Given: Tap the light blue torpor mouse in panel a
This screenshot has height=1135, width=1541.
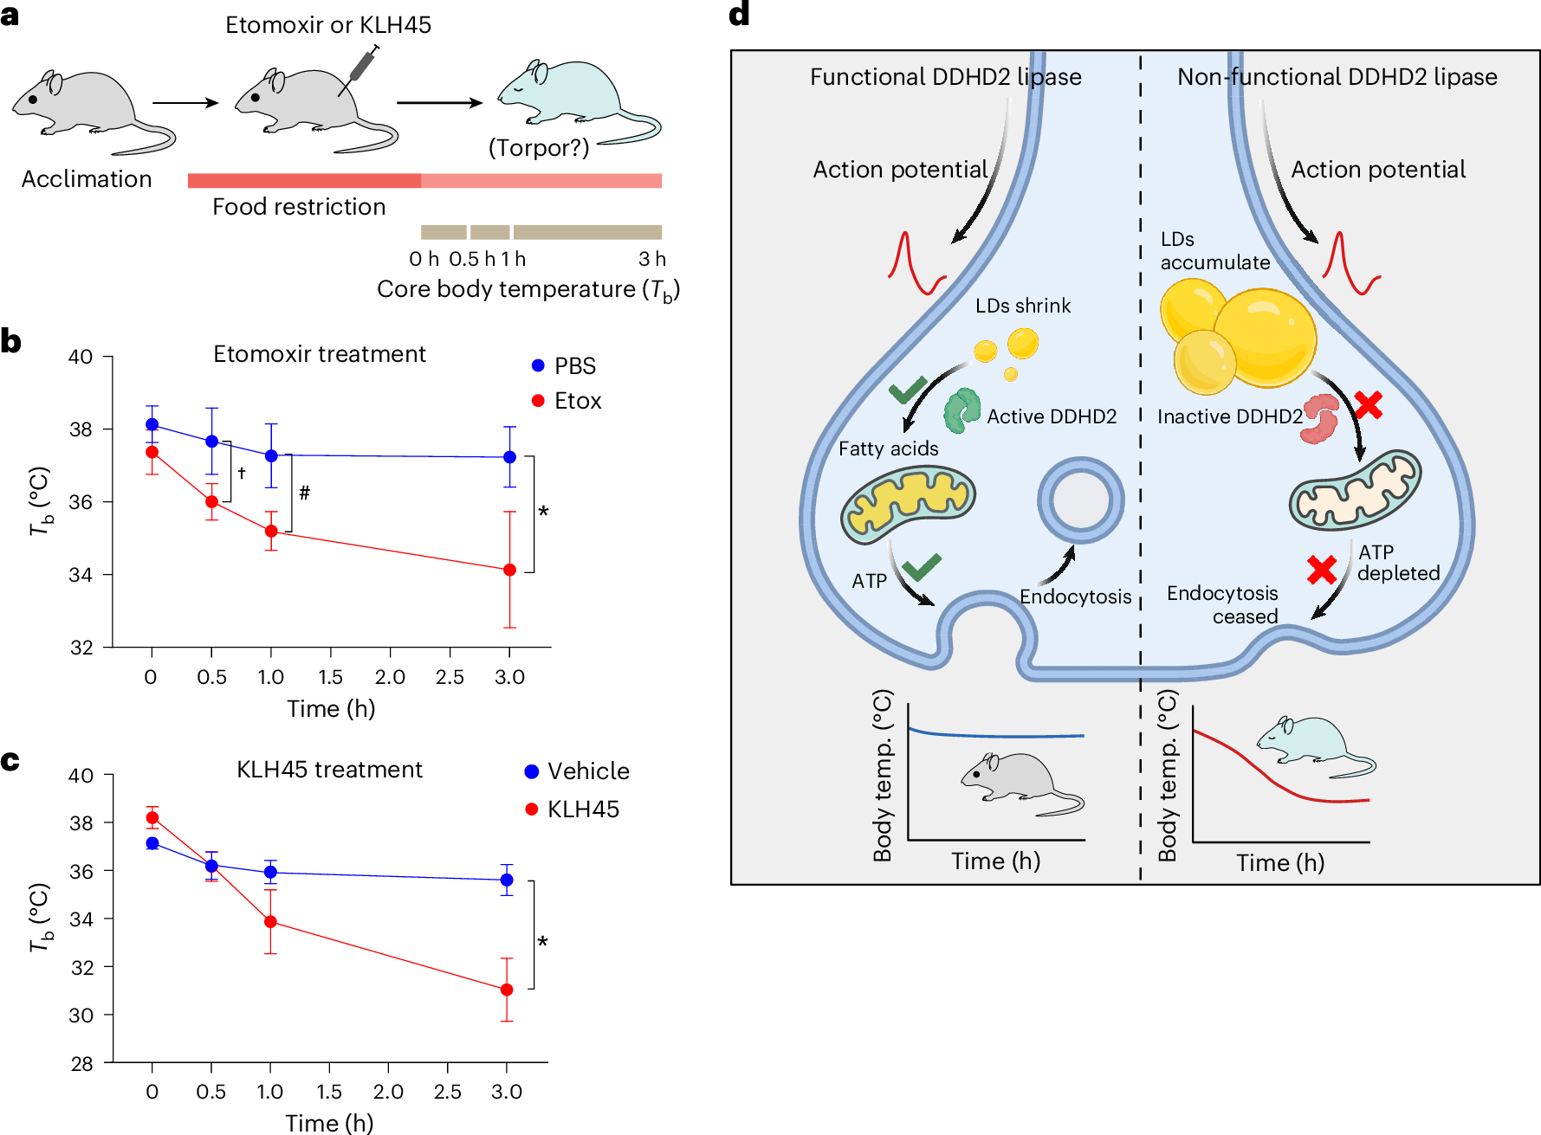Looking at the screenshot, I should pos(567,98).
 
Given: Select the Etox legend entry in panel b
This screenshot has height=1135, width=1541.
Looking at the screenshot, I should pos(567,401).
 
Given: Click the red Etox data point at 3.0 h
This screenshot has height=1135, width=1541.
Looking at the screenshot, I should pos(509,570).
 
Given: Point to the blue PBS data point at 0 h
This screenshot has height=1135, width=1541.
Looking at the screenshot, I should pos(152,424).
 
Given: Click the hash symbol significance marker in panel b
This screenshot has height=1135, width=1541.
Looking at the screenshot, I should pos(304,493).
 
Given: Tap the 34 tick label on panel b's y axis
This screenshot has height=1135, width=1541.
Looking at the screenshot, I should pos(81,575).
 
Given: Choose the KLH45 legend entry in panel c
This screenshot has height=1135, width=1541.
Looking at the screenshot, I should pos(573,809).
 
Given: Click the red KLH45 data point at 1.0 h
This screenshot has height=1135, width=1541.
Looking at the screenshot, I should pos(270,922).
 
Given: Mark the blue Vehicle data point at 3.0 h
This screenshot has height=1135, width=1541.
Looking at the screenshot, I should pos(507,880).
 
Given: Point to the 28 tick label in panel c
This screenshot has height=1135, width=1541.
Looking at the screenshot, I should pos(81,1064).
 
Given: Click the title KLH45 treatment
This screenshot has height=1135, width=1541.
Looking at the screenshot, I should pos(329,770).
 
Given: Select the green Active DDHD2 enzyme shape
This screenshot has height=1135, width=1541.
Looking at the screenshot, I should pos(962,410).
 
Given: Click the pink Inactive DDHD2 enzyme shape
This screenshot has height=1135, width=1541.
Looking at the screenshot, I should pos(1320,418).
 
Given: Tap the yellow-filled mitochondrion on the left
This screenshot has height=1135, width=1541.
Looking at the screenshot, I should pos(908,503).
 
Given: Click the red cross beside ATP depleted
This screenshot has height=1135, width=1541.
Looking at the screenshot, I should pos(1322,570).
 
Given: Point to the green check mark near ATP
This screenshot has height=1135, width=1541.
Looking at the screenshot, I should pos(921,567).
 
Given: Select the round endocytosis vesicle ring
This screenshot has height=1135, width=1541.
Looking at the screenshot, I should pos(1080,500).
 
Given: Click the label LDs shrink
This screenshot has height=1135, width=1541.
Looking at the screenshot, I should pos(1022,306).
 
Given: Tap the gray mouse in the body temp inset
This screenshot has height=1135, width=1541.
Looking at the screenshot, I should pos(1018,781).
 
